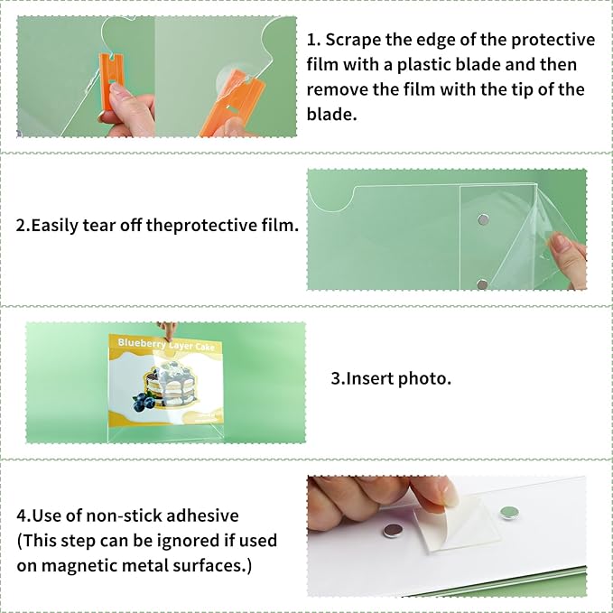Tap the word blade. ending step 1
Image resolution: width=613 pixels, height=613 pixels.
coord(331,115)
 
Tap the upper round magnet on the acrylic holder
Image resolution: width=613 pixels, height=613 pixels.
coord(484,219)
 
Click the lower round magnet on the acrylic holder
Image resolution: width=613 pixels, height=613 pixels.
coord(482,284)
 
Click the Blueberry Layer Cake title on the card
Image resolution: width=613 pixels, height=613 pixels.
coord(166,345)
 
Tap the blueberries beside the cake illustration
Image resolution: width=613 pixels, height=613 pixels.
coord(144,402)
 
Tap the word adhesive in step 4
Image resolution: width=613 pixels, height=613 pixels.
coord(202,515)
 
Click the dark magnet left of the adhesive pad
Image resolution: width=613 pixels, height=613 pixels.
coord(393,531)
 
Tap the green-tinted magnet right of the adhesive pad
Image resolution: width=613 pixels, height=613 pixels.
coord(509,512)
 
